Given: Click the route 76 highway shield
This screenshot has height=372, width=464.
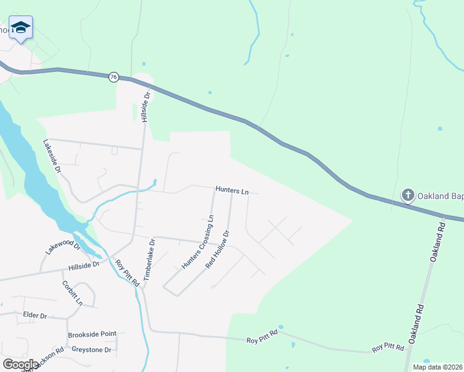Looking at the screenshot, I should coord(112,77).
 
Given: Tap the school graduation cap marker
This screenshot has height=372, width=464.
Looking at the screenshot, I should coord(20,27).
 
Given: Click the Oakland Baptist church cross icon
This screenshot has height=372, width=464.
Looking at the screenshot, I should coord(408,195).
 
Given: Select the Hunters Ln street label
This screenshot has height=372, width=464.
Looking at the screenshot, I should coord(232,191).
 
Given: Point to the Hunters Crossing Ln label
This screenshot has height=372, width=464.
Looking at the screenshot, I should coord(197,242).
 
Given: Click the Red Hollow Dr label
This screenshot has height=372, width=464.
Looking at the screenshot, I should coord(217,249).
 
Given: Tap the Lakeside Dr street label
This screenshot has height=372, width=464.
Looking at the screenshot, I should coord(52,156).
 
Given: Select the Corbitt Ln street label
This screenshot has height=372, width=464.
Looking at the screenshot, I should coord(72,293).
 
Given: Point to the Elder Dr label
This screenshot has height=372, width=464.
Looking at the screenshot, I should coord(35,316).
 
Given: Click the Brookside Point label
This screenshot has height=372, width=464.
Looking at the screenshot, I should coord(92,334).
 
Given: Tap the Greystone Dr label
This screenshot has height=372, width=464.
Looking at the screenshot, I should coord(91,350).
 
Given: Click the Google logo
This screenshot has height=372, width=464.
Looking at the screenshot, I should coord(20,365).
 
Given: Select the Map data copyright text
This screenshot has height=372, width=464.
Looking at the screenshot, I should coord(437,367).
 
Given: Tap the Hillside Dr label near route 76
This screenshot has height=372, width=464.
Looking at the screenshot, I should coord(147,107).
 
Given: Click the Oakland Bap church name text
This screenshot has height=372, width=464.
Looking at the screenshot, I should coord(441,196).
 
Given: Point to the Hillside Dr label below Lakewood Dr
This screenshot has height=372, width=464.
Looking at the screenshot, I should coord(84,265).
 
